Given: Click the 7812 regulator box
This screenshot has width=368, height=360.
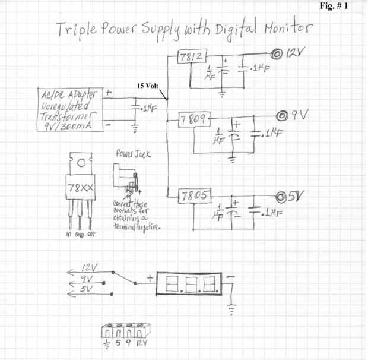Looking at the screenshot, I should pyautogui.click(x=192, y=58).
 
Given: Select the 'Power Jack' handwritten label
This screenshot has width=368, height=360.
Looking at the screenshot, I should pyautogui.click(x=133, y=155).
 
